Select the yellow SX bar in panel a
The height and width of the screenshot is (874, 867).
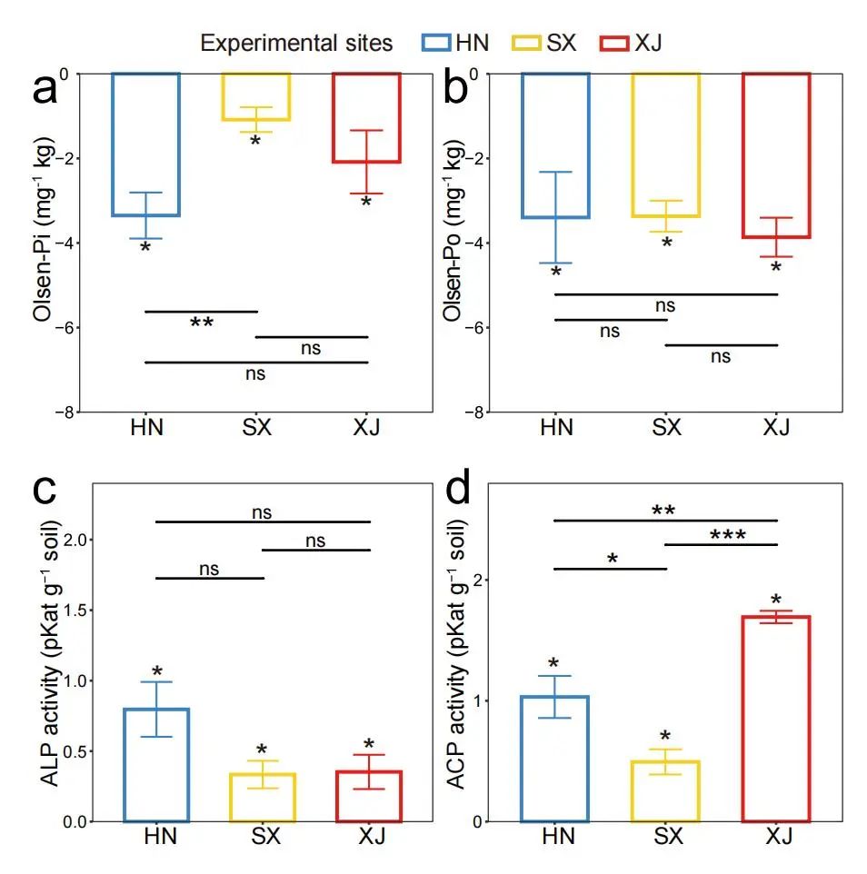pyautogui.click(x=255, y=96)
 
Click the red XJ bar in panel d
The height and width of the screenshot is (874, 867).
pyautogui.click(x=776, y=718)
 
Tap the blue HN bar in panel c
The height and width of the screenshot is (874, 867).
pyautogui.click(x=157, y=764)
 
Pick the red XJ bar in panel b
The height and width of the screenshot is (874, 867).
pyautogui.click(x=776, y=154)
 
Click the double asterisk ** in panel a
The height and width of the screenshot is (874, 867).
pyautogui.click(x=202, y=323)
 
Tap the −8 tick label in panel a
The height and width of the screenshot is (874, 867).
pyautogui.click(x=64, y=412)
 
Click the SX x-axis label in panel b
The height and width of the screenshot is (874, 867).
pyautogui.click(x=666, y=427)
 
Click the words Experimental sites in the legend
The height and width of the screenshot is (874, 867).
pyautogui.click(x=296, y=43)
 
